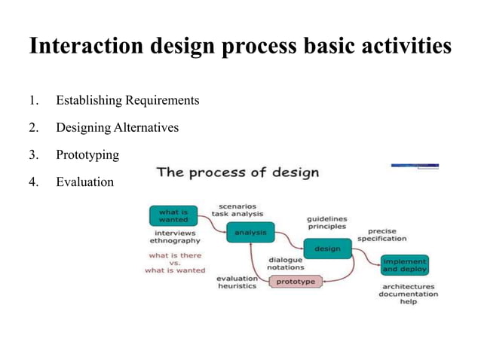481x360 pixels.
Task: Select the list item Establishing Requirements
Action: point(127,100)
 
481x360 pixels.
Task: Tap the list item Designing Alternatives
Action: point(117,127)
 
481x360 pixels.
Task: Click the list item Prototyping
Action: point(87,154)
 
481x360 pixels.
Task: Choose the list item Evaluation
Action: point(84,182)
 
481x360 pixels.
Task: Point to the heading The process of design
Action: point(237,172)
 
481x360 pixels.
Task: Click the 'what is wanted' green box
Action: point(173,216)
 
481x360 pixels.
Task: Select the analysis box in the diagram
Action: point(250,233)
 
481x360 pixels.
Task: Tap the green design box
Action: point(327,249)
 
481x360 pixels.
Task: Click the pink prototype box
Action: point(295,282)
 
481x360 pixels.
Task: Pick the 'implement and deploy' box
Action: point(404,264)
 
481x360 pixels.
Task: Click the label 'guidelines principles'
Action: point(326,221)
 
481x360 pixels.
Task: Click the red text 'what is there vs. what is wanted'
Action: point(174,262)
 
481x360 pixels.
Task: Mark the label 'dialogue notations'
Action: point(285,263)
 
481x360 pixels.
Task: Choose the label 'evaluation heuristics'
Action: point(237,282)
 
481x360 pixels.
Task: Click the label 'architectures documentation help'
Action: point(408,294)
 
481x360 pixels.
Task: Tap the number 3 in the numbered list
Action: point(32,154)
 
